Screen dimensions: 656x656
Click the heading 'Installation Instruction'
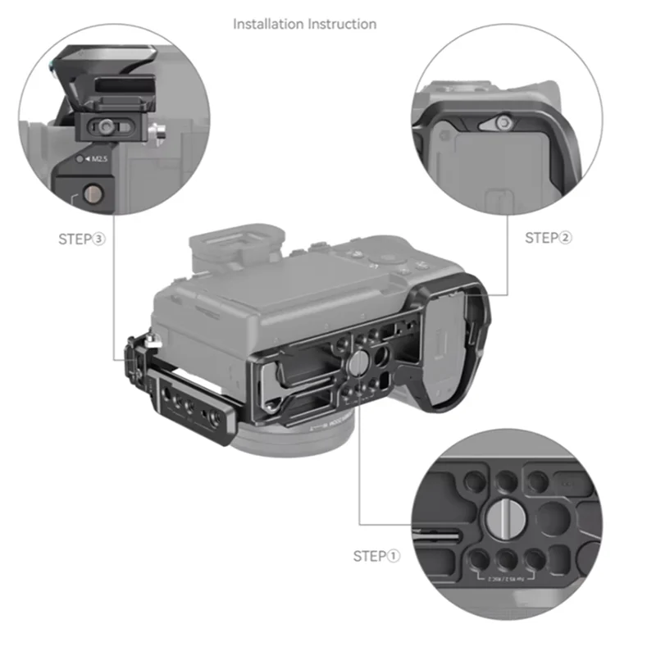(x=305, y=24)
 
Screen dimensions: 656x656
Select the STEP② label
(x=549, y=238)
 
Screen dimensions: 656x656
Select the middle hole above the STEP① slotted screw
(x=507, y=479)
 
